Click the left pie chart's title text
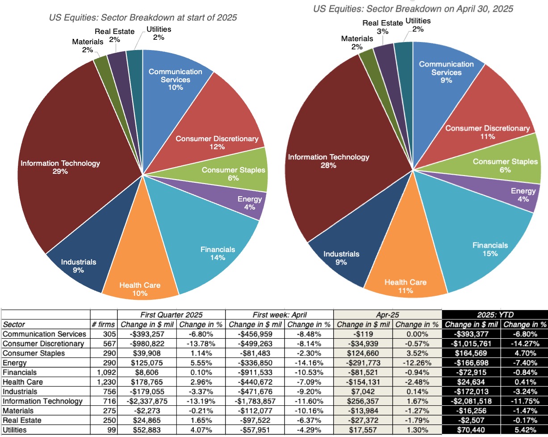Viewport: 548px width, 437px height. coord(142,18)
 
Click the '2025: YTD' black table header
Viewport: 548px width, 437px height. coord(495,314)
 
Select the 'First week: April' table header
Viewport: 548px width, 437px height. coord(279,314)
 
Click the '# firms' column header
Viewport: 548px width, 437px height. coord(104,324)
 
